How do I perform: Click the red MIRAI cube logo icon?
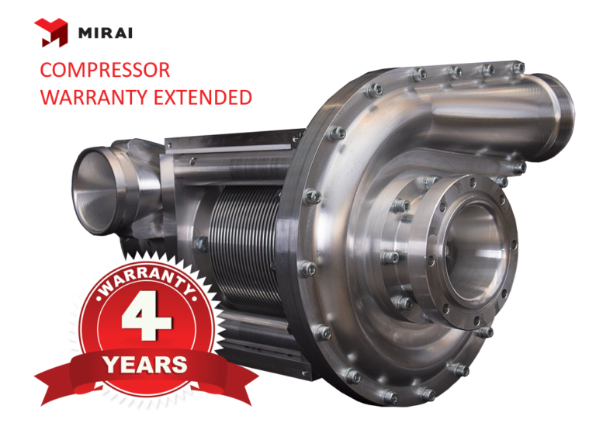51,33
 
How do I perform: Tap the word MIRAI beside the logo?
106,33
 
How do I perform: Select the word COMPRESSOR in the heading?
105,70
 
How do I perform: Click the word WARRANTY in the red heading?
93,97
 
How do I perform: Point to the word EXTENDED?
203,97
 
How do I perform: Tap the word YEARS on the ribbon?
146,365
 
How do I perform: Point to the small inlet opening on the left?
95,190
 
